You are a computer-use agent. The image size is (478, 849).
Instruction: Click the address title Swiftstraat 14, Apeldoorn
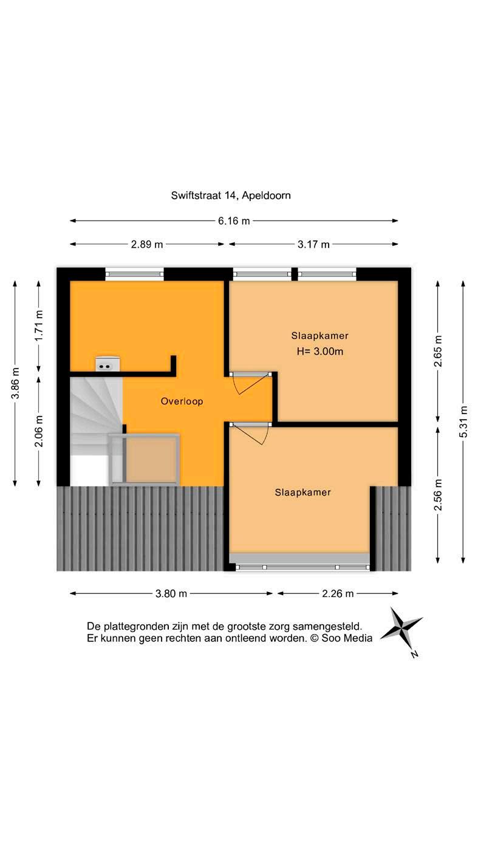click(x=230, y=196)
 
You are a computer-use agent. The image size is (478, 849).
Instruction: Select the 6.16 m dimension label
click(x=234, y=221)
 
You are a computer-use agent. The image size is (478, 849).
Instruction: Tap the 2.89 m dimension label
click(x=147, y=245)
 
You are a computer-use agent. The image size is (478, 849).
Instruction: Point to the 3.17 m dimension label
click(x=313, y=245)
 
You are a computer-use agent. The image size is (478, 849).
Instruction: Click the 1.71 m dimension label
click(x=39, y=327)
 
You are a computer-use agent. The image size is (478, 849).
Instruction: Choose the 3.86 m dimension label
click(x=15, y=383)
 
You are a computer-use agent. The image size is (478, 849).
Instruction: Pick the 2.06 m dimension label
click(x=39, y=431)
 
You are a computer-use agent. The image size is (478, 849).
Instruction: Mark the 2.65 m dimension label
click(x=439, y=351)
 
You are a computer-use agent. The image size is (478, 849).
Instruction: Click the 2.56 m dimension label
click(x=439, y=495)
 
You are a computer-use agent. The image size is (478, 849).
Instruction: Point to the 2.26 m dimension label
click(x=338, y=594)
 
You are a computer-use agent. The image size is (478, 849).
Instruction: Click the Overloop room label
click(x=182, y=401)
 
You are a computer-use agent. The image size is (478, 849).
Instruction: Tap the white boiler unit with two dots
click(x=108, y=364)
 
